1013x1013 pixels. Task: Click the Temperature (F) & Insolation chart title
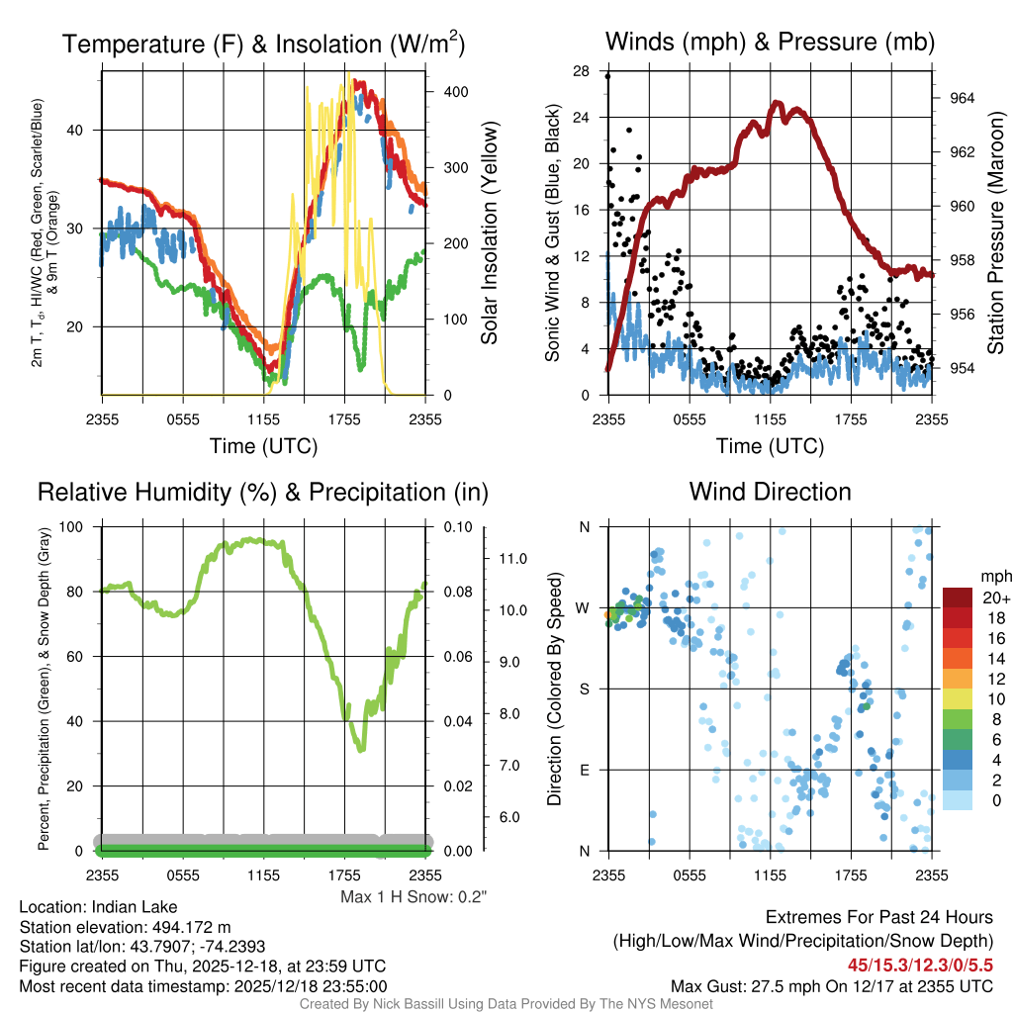262,44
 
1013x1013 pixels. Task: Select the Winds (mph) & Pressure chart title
770,42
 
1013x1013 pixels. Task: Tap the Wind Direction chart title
770,492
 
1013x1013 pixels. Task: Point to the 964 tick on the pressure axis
963,98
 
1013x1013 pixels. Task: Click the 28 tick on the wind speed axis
582,70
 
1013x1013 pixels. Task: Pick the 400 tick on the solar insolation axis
455,91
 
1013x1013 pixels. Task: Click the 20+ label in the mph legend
994,599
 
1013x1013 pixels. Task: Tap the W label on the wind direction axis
584,607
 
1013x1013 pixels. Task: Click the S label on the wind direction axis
584,689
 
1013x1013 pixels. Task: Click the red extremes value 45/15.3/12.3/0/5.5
919,965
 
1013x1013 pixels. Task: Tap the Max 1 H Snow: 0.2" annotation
413,896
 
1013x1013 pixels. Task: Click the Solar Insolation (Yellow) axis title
489,233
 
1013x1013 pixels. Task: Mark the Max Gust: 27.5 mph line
831,985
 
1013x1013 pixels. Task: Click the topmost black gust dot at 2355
607,76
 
